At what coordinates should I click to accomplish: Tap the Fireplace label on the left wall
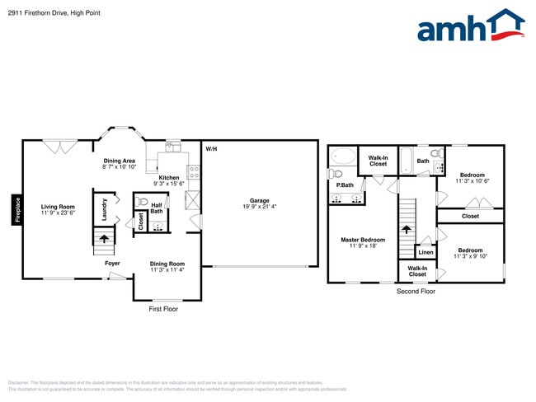click(x=16, y=208)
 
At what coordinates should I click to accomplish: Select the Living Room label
click(x=58, y=207)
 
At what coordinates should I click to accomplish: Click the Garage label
click(x=260, y=200)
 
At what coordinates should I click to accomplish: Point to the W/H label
click(x=211, y=148)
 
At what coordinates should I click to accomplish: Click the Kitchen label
click(x=168, y=177)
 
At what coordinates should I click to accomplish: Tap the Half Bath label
click(x=156, y=208)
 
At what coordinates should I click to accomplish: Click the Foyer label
click(x=112, y=264)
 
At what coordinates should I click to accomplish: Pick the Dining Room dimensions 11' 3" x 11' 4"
click(x=167, y=269)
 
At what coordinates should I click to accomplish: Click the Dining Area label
click(x=119, y=161)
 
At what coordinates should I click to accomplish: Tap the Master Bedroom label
click(x=363, y=240)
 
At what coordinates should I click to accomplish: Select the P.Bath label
click(x=344, y=185)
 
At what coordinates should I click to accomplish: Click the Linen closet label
click(x=426, y=252)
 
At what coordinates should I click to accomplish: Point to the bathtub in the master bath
click(x=342, y=157)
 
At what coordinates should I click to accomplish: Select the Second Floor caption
click(x=416, y=292)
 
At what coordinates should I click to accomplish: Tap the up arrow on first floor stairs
click(x=104, y=240)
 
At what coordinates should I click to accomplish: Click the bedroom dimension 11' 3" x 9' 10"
click(x=471, y=256)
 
